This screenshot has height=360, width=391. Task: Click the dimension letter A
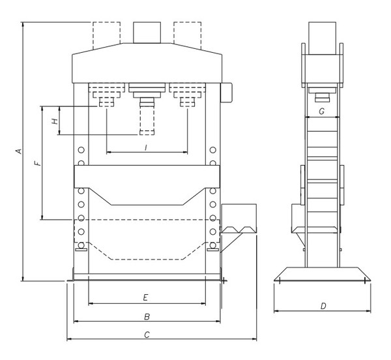point(19,151)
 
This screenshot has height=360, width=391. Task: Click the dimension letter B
point(147,316)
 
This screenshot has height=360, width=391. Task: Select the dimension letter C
point(147,335)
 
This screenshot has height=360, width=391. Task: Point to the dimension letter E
point(146,298)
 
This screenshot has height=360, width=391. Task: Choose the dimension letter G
point(321,112)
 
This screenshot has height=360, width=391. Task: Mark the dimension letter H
point(55,120)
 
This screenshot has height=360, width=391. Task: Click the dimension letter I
point(146,147)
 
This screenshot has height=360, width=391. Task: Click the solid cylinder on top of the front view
point(147,32)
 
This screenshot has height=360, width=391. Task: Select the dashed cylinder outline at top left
point(106,34)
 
